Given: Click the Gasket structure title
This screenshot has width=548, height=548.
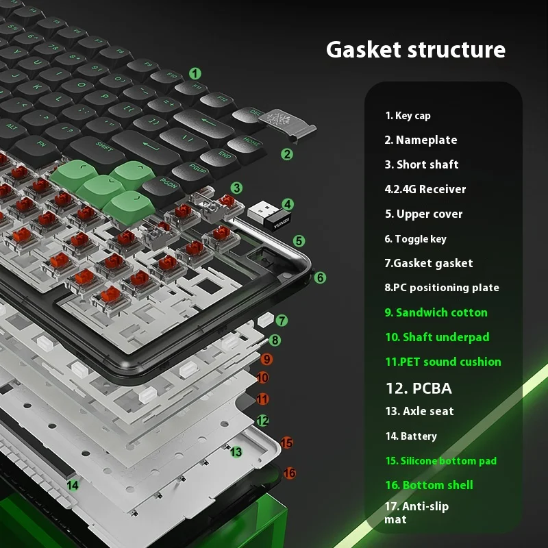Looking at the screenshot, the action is point(415,50).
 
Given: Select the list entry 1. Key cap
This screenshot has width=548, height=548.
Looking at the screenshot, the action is point(408,116).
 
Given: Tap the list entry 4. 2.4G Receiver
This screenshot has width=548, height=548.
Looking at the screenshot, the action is point(425,189).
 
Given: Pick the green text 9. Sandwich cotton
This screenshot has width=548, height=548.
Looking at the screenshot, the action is point(436,312).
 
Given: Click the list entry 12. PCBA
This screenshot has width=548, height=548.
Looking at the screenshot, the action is point(419,388).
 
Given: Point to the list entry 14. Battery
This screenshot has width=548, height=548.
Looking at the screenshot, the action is point(410,436).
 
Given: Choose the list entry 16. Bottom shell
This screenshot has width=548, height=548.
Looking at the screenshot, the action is point(429,485).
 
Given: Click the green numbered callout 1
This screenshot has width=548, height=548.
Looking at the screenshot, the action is point(195,73).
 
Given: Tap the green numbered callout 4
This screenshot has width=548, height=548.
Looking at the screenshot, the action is point(288,203).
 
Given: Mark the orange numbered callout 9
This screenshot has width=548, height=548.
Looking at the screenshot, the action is point(266,359).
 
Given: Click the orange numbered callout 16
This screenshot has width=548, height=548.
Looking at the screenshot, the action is point(290,473).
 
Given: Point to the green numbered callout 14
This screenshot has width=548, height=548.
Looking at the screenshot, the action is point(73,485).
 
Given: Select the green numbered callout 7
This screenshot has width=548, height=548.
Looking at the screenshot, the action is point(282,320).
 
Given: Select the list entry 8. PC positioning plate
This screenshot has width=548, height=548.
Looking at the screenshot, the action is point(442,288).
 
